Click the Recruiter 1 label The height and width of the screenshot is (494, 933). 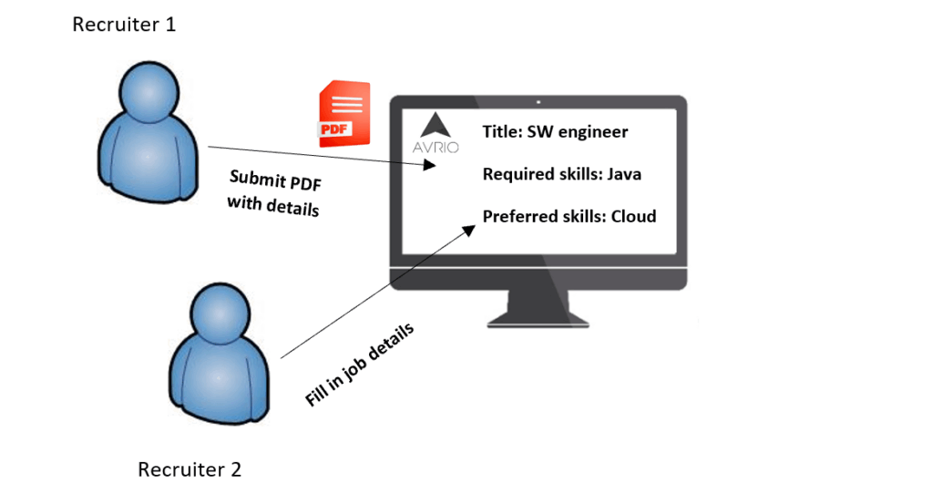coord(124,25)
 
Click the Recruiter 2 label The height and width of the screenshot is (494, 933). coord(190,470)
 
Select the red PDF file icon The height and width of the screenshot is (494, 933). coord(344,115)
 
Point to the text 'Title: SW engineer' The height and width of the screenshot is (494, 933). coord(555,132)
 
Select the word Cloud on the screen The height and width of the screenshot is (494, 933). coord(633,217)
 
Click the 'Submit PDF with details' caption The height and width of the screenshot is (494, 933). coord(273,192)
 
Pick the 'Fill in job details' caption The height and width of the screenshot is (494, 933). coord(359,365)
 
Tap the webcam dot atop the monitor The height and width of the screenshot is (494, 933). coord(538,102)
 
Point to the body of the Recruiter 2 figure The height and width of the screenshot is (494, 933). coord(220,378)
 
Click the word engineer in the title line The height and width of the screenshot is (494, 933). coord(593,132)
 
